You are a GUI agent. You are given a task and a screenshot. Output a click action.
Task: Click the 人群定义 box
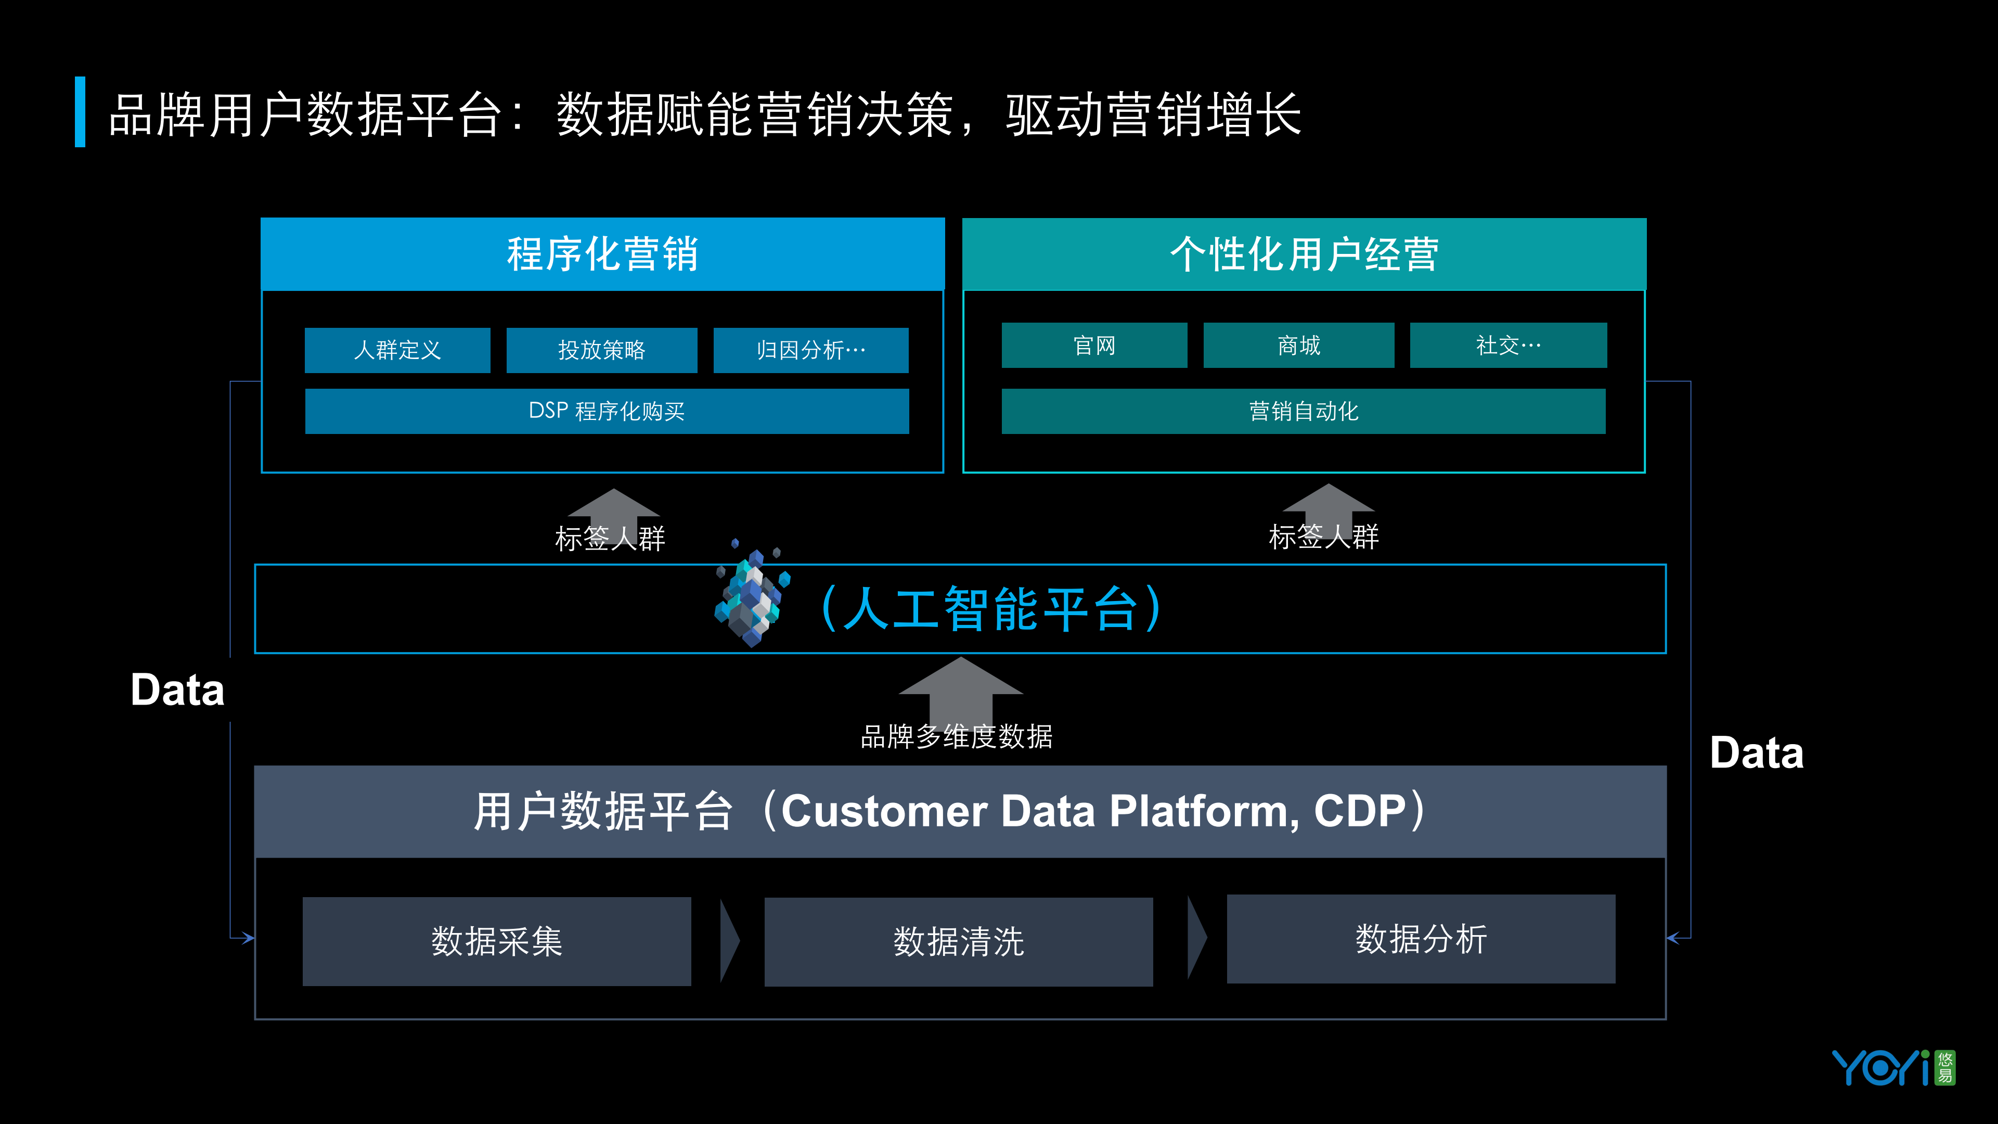[x=397, y=350]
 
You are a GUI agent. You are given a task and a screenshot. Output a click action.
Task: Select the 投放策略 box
[x=601, y=350]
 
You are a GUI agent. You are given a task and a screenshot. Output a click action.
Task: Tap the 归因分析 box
[x=810, y=350]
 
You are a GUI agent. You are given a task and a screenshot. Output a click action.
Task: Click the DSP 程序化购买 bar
[x=607, y=411]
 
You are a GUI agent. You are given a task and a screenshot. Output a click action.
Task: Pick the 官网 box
[x=1093, y=345]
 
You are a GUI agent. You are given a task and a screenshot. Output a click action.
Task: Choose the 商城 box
[x=1298, y=345]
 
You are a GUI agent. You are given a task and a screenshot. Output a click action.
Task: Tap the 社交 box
[x=1508, y=345]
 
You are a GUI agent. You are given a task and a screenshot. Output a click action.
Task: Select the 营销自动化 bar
[x=1303, y=411]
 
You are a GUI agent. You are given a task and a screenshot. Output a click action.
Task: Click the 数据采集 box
[x=496, y=941]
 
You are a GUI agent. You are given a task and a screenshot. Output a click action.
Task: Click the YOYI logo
[x=1892, y=1068]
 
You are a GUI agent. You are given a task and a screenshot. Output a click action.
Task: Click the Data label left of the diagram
[x=177, y=689]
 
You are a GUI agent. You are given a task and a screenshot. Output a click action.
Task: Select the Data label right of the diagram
[x=1757, y=752]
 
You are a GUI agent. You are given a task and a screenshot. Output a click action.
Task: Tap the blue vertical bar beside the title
[x=80, y=112]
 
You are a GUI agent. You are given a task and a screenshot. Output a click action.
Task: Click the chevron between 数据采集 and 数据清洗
[x=729, y=941]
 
